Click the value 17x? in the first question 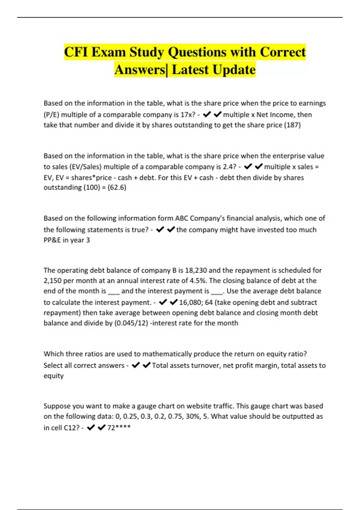point(187,115)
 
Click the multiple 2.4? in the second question point(229,167)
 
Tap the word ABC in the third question point(181,218)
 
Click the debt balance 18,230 point(196,271)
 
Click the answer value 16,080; point(191,303)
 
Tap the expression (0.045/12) point(131,323)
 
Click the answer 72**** point(119,428)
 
